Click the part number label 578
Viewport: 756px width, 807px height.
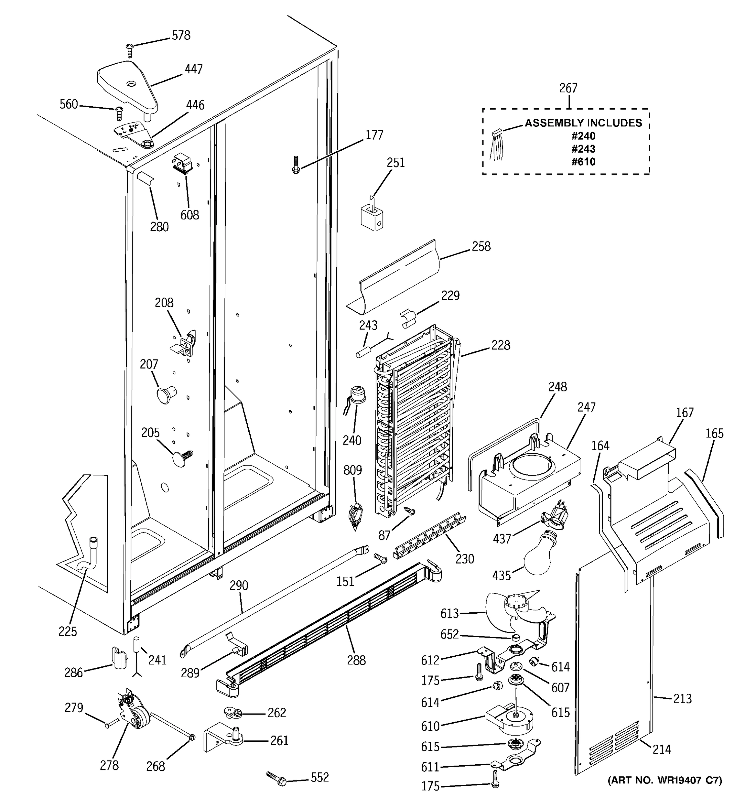coord(181,36)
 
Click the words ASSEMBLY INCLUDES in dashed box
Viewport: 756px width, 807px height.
coord(583,123)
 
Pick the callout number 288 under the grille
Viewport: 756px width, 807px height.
coord(356,660)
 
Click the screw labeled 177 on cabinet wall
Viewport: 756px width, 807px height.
coord(295,165)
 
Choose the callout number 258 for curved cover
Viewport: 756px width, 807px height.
coord(481,246)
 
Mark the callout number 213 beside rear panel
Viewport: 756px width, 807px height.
coord(682,699)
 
